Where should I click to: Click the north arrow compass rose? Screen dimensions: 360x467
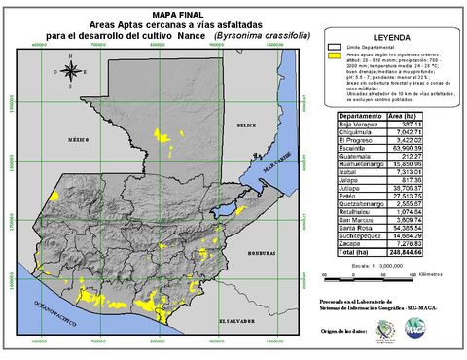point(70,71)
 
